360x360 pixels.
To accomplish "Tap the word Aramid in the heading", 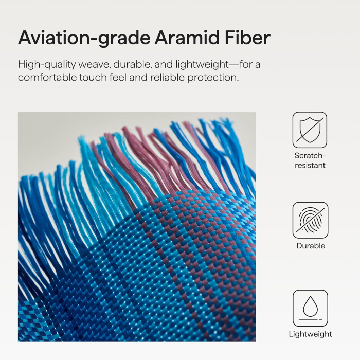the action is tap(187, 37).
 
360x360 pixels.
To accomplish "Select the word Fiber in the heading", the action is tap(247, 37).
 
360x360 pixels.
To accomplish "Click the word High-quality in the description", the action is tap(47, 65).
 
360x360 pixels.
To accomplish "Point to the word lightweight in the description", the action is tap(202, 64).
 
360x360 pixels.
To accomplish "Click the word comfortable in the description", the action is tap(47, 77).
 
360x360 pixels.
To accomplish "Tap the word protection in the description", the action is tap(212, 78).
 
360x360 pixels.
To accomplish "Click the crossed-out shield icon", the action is tap(310, 130).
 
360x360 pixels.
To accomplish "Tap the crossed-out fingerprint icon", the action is tap(310, 220).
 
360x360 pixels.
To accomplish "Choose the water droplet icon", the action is tap(310, 308).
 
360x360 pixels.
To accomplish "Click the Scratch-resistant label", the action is tap(310, 160).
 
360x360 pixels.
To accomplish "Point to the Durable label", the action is tap(311, 246).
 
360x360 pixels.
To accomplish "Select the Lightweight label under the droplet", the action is tap(310, 334).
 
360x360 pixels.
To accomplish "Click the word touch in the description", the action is tap(93, 77).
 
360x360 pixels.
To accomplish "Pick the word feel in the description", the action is tap(118, 77).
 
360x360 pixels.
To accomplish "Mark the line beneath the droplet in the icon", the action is tap(311, 320).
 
